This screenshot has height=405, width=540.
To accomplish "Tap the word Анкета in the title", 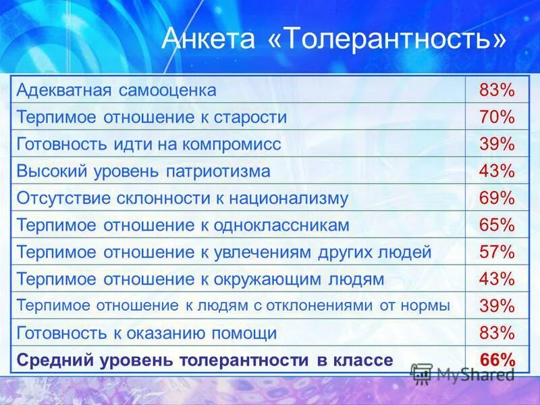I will (x=209, y=40).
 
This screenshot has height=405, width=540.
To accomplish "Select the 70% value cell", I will (x=497, y=117).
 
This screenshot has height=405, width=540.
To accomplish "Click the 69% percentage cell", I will (x=497, y=198).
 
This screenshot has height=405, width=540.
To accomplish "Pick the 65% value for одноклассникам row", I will (x=497, y=225).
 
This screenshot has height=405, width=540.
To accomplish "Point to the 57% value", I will (x=497, y=252).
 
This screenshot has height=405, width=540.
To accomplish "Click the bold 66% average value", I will (x=497, y=360).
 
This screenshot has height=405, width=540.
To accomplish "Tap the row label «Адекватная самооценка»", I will (x=117, y=90).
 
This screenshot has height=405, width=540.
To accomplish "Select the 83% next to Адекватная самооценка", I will (x=497, y=90).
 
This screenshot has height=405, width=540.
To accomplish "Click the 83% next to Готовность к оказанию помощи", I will (x=497, y=332).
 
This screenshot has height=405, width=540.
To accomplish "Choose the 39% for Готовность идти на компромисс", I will (x=497, y=144).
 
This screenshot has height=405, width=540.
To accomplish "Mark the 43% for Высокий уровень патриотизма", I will (x=497, y=171).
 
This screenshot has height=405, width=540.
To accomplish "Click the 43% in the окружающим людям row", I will (x=497, y=278).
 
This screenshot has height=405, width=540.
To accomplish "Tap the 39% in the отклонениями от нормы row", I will (x=497, y=305).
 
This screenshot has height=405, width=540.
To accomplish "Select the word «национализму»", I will (x=294, y=198).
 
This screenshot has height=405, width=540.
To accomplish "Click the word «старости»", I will (x=250, y=117).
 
